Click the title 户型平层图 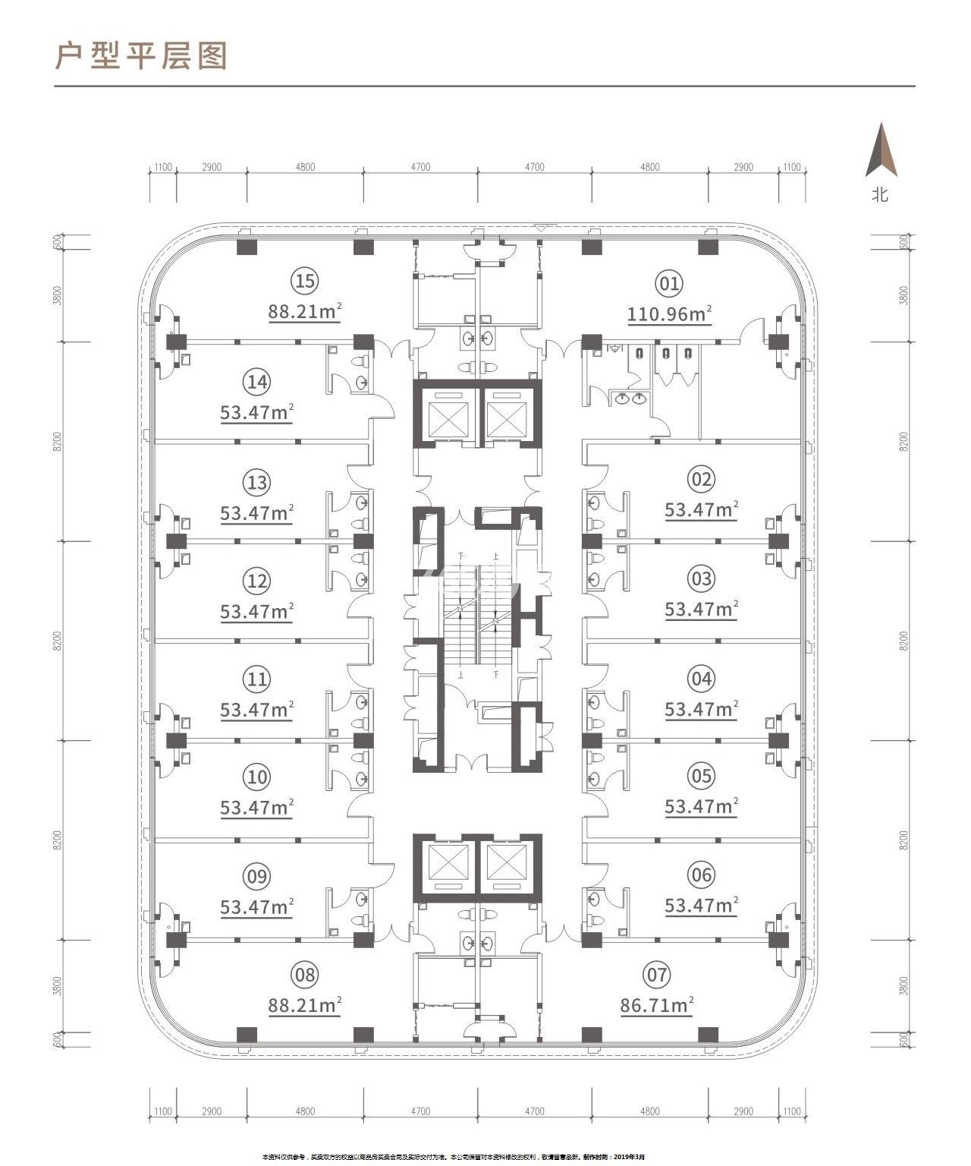[141, 56]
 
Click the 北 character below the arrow [880, 195]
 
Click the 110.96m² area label [669, 314]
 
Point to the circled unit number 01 [668, 285]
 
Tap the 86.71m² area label [657, 1006]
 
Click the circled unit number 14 [257, 382]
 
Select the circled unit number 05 [701, 776]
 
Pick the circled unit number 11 [257, 678]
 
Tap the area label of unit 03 [701, 610]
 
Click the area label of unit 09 [257, 907]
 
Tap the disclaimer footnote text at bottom [453, 1157]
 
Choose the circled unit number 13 [257, 482]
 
